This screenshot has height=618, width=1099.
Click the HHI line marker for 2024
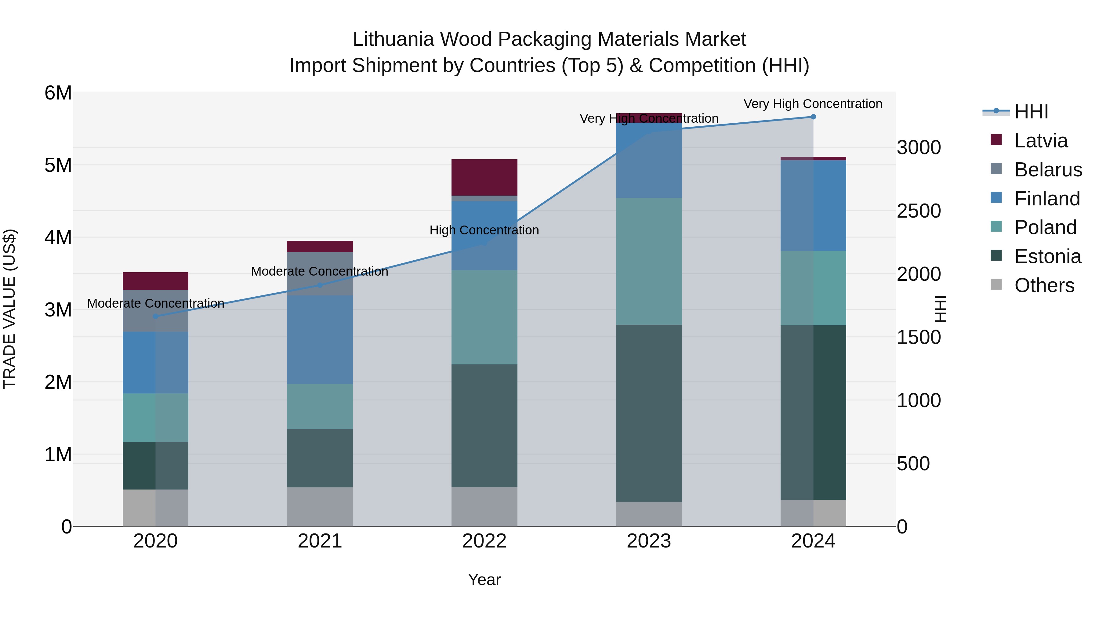tap(813, 117)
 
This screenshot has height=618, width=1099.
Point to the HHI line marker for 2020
tap(156, 316)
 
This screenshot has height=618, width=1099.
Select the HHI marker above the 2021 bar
tap(320, 285)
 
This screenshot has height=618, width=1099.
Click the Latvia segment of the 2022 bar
tap(484, 177)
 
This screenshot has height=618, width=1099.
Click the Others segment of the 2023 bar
tap(649, 514)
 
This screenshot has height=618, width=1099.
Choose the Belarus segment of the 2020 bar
tap(156, 311)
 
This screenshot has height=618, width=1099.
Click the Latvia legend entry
tap(1041, 141)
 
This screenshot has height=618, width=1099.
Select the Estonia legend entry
tap(1047, 256)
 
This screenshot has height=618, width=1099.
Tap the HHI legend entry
tap(1031, 112)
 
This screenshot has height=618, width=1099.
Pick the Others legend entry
tap(1044, 285)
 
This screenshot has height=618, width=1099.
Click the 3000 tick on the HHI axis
tap(919, 148)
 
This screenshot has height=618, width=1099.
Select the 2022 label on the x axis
tap(484, 541)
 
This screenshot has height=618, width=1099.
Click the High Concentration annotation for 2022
tap(484, 230)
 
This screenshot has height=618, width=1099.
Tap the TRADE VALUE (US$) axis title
tap(10, 309)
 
